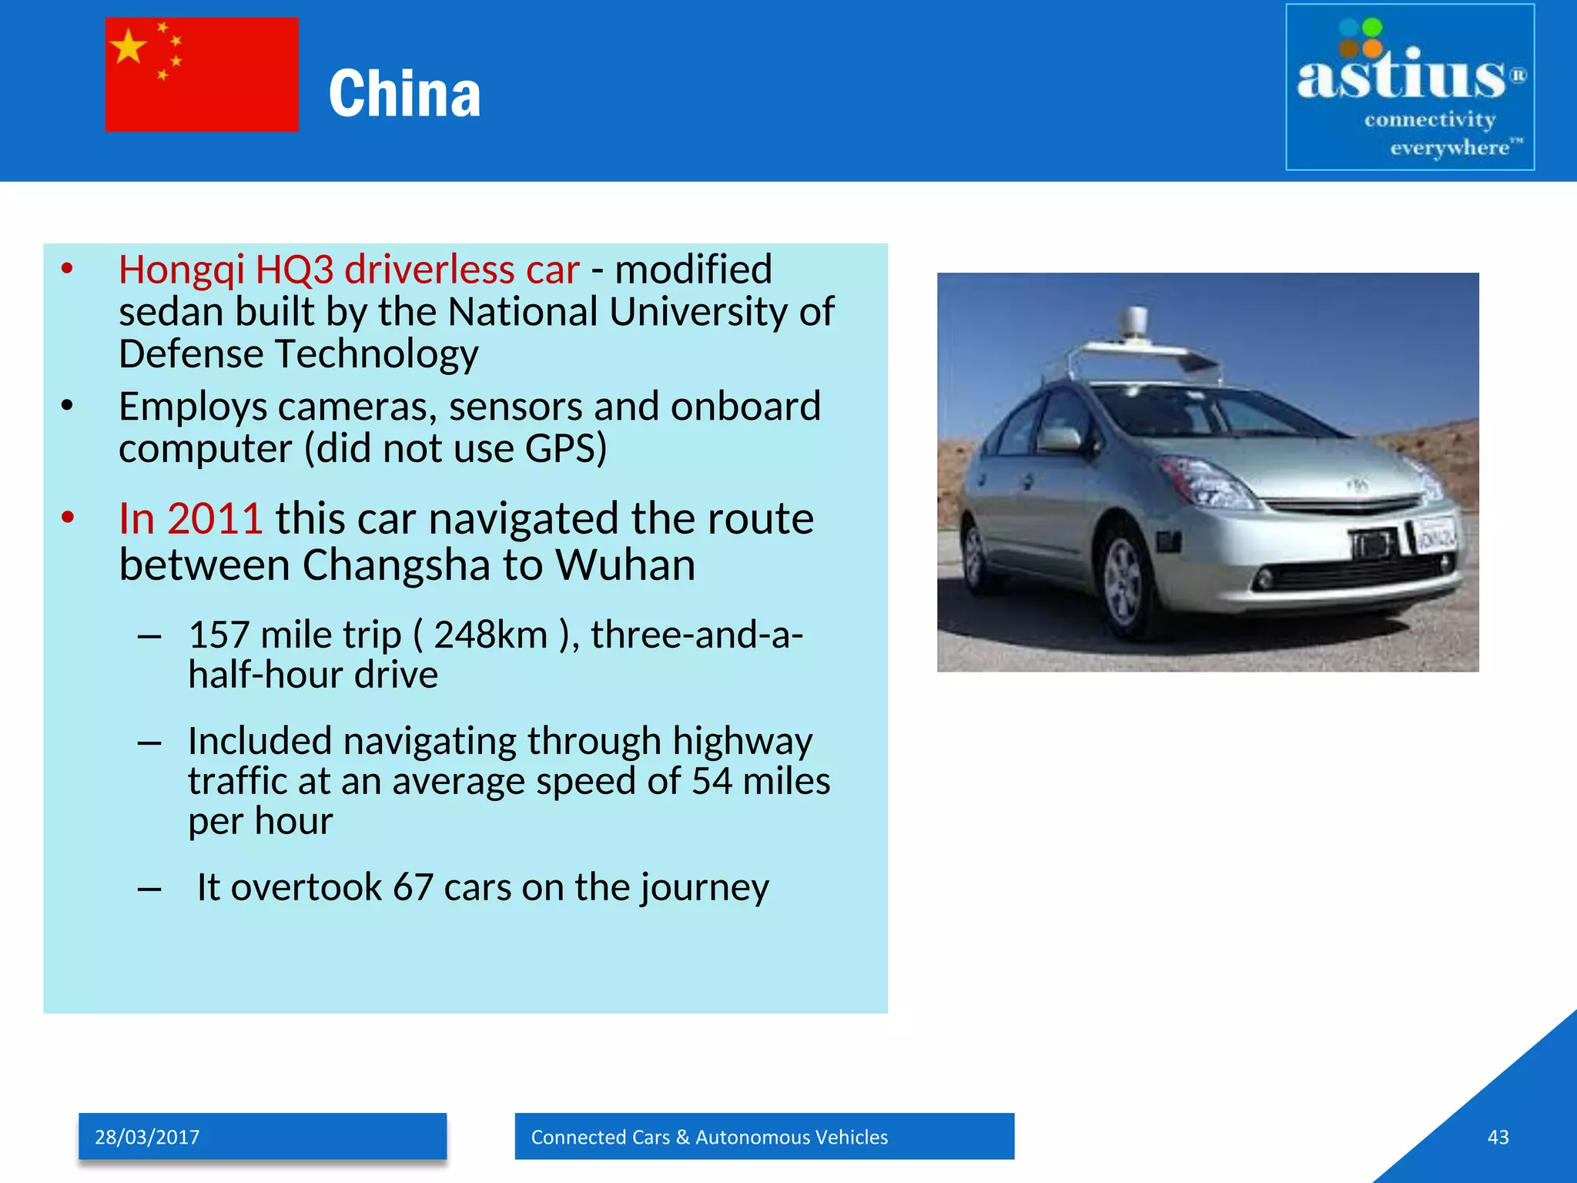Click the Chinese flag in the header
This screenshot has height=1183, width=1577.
(202, 75)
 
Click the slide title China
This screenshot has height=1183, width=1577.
(404, 94)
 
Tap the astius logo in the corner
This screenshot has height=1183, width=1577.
(1410, 87)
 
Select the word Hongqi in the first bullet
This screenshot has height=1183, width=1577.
(182, 270)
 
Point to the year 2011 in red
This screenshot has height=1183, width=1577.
(215, 518)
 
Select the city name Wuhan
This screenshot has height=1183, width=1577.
(625, 565)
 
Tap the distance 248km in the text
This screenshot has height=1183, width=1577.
(491, 635)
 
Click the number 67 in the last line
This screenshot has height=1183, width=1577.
(413, 887)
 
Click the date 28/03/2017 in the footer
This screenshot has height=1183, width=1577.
(147, 1138)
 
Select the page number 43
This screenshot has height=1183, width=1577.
(1498, 1138)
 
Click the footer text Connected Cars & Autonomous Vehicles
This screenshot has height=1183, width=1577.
(709, 1138)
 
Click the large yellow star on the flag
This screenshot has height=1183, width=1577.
(129, 47)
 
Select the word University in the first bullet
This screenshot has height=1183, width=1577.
(699, 313)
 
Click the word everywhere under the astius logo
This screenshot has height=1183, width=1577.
(1449, 147)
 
